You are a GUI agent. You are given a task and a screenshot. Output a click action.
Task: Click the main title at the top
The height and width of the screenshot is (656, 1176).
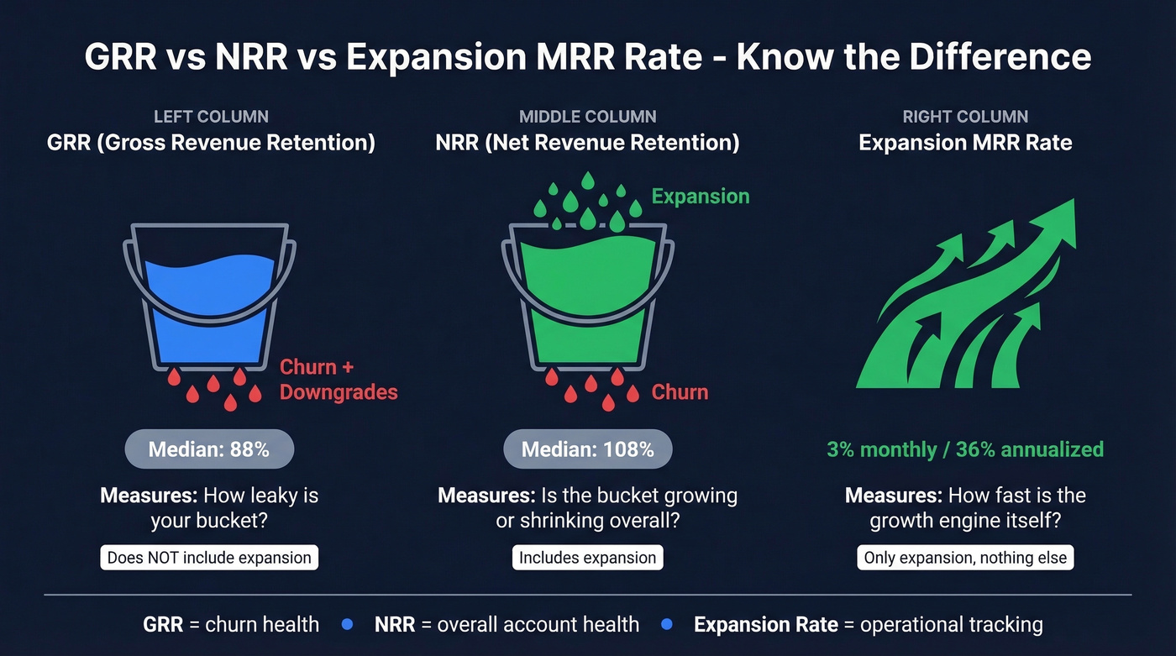(x=588, y=57)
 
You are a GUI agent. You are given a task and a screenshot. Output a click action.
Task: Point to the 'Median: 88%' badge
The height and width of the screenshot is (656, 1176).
(x=209, y=449)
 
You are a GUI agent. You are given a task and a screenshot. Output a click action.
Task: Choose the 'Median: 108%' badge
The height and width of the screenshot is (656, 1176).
(x=587, y=449)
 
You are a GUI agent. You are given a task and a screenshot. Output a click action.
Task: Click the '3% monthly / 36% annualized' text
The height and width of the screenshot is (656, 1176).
(x=965, y=449)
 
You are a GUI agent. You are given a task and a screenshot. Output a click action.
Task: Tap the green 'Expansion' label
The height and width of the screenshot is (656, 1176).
(x=701, y=197)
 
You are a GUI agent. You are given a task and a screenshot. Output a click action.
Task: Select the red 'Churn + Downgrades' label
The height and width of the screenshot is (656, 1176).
(x=338, y=380)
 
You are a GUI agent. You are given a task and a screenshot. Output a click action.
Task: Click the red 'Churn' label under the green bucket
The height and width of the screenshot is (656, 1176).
(x=680, y=392)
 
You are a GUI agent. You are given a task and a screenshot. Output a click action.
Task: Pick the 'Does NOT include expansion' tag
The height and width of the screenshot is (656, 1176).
(x=209, y=558)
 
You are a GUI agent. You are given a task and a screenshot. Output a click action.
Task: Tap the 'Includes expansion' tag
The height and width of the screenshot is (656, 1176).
(x=587, y=558)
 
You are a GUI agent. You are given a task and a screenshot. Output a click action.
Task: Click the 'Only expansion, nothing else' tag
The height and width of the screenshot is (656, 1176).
(x=965, y=558)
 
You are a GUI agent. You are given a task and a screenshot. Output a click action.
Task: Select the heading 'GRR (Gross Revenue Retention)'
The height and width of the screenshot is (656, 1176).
(x=211, y=143)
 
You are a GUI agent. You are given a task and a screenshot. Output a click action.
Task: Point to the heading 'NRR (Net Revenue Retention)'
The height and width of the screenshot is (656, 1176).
(x=587, y=143)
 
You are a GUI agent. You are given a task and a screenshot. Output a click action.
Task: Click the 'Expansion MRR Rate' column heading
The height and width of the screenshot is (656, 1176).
(x=965, y=143)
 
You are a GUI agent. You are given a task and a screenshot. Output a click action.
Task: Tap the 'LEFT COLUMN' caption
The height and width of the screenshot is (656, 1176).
(x=211, y=117)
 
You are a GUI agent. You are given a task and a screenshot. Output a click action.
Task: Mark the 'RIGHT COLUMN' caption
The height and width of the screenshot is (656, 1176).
(x=965, y=117)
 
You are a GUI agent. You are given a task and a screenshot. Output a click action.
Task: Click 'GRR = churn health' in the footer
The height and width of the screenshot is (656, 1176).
(x=231, y=625)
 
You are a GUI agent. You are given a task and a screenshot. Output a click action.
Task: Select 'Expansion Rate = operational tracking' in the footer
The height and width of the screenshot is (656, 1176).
(x=868, y=625)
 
